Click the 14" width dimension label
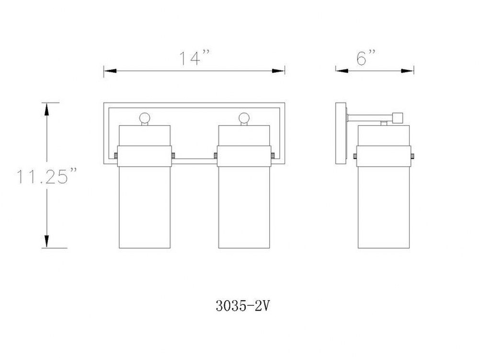click(194, 58)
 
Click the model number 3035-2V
click(243, 305)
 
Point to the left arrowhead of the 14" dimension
click(110, 71)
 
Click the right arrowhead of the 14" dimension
click(278, 71)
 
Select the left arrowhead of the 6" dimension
click(342, 71)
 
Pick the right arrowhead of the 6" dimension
click(408, 71)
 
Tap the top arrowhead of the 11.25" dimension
click(46, 109)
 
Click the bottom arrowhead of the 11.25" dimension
click(46, 241)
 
